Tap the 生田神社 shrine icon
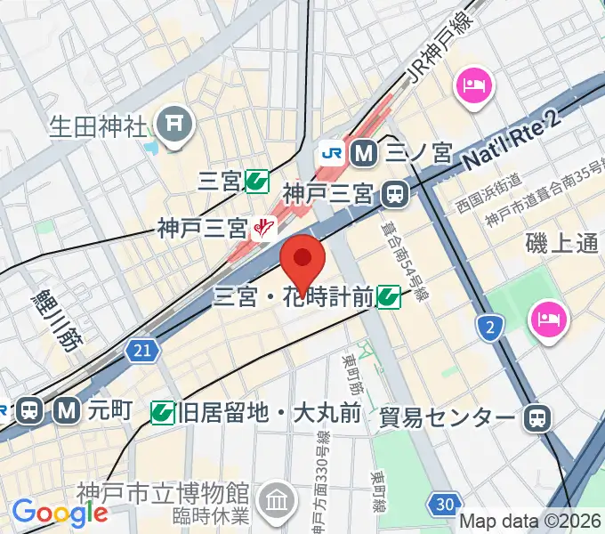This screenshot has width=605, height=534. pyautogui.click(x=174, y=123)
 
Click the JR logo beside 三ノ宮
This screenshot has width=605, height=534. pyautogui.click(x=332, y=151)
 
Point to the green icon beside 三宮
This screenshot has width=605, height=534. pyautogui.click(x=258, y=182)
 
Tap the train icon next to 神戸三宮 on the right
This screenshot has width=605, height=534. pyautogui.click(x=392, y=192)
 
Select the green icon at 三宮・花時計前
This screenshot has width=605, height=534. pyautogui.click(x=388, y=296)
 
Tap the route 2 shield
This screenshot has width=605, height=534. pyautogui.click(x=490, y=328)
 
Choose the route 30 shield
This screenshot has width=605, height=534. pyautogui.click(x=443, y=505)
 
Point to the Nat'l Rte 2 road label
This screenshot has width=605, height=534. pyautogui.click(x=515, y=145)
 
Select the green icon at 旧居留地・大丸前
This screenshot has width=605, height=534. pyautogui.click(x=162, y=411)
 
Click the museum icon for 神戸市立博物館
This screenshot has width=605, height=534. pyautogui.click(x=278, y=500)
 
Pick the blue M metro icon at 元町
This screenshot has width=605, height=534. pyautogui.click(x=65, y=410)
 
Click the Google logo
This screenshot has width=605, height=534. pyautogui.click(x=60, y=512)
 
